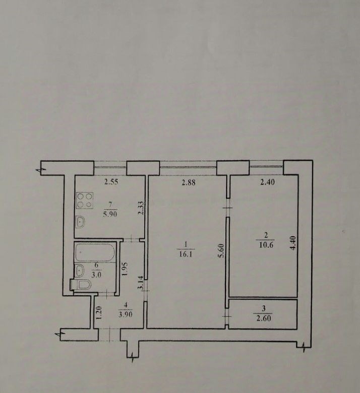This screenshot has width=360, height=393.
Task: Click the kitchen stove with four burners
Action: point(85,201)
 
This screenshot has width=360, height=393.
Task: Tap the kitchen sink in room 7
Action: point(80,222)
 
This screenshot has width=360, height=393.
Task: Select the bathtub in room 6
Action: point(95,252)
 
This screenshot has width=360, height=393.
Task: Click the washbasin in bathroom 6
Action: point(80,271)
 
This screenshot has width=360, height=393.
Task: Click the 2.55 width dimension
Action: point(111,182)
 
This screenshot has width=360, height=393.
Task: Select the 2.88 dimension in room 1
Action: point(189,182)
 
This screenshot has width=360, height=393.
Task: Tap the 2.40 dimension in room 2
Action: point(268,182)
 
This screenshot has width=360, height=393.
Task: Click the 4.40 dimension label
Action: point(293,243)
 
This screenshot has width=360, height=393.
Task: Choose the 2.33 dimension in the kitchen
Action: point(141,208)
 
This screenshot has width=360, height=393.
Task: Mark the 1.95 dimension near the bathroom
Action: point(125,269)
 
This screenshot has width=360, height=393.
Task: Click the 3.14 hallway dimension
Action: point(141,283)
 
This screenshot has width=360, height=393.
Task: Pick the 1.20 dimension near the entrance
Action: point(99,313)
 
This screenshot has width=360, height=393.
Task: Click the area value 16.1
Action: point(186,254)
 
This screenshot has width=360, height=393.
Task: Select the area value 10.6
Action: point(266,245)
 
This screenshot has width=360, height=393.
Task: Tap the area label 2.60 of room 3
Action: point(263,318)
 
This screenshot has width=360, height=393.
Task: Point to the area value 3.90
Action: point(125,314)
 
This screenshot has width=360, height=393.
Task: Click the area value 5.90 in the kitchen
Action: point(110,214)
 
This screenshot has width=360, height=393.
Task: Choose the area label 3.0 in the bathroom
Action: point(96,275)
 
